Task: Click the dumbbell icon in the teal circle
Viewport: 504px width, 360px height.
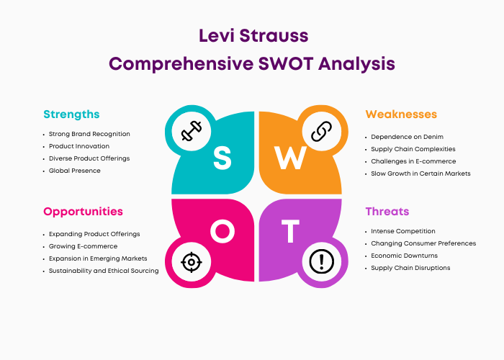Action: [192, 131]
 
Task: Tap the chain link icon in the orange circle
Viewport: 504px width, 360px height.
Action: [321, 131]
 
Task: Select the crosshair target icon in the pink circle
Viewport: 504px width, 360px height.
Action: [192, 262]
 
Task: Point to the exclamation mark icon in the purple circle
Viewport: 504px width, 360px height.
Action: [321, 261]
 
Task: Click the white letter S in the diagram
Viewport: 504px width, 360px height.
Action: [222, 158]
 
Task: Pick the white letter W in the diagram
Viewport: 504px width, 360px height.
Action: [290, 158]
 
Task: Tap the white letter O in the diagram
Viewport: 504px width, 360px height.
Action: [222, 231]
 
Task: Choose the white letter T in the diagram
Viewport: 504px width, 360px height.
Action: [290, 231]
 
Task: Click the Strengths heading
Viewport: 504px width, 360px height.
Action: [71, 114]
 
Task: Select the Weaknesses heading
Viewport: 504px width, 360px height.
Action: [401, 114]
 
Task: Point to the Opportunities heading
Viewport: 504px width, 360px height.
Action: [83, 212]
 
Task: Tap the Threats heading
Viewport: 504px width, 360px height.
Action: [387, 212]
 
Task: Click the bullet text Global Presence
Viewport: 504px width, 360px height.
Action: [75, 171]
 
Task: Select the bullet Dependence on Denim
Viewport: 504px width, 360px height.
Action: [408, 137]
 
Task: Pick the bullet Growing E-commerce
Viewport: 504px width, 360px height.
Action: [83, 246]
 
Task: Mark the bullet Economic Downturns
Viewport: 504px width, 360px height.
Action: [405, 256]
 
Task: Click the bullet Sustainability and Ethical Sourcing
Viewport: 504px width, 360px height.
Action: [104, 271]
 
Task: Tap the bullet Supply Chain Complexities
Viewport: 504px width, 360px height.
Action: [413, 149]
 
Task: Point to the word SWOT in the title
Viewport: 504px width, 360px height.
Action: [286, 63]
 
